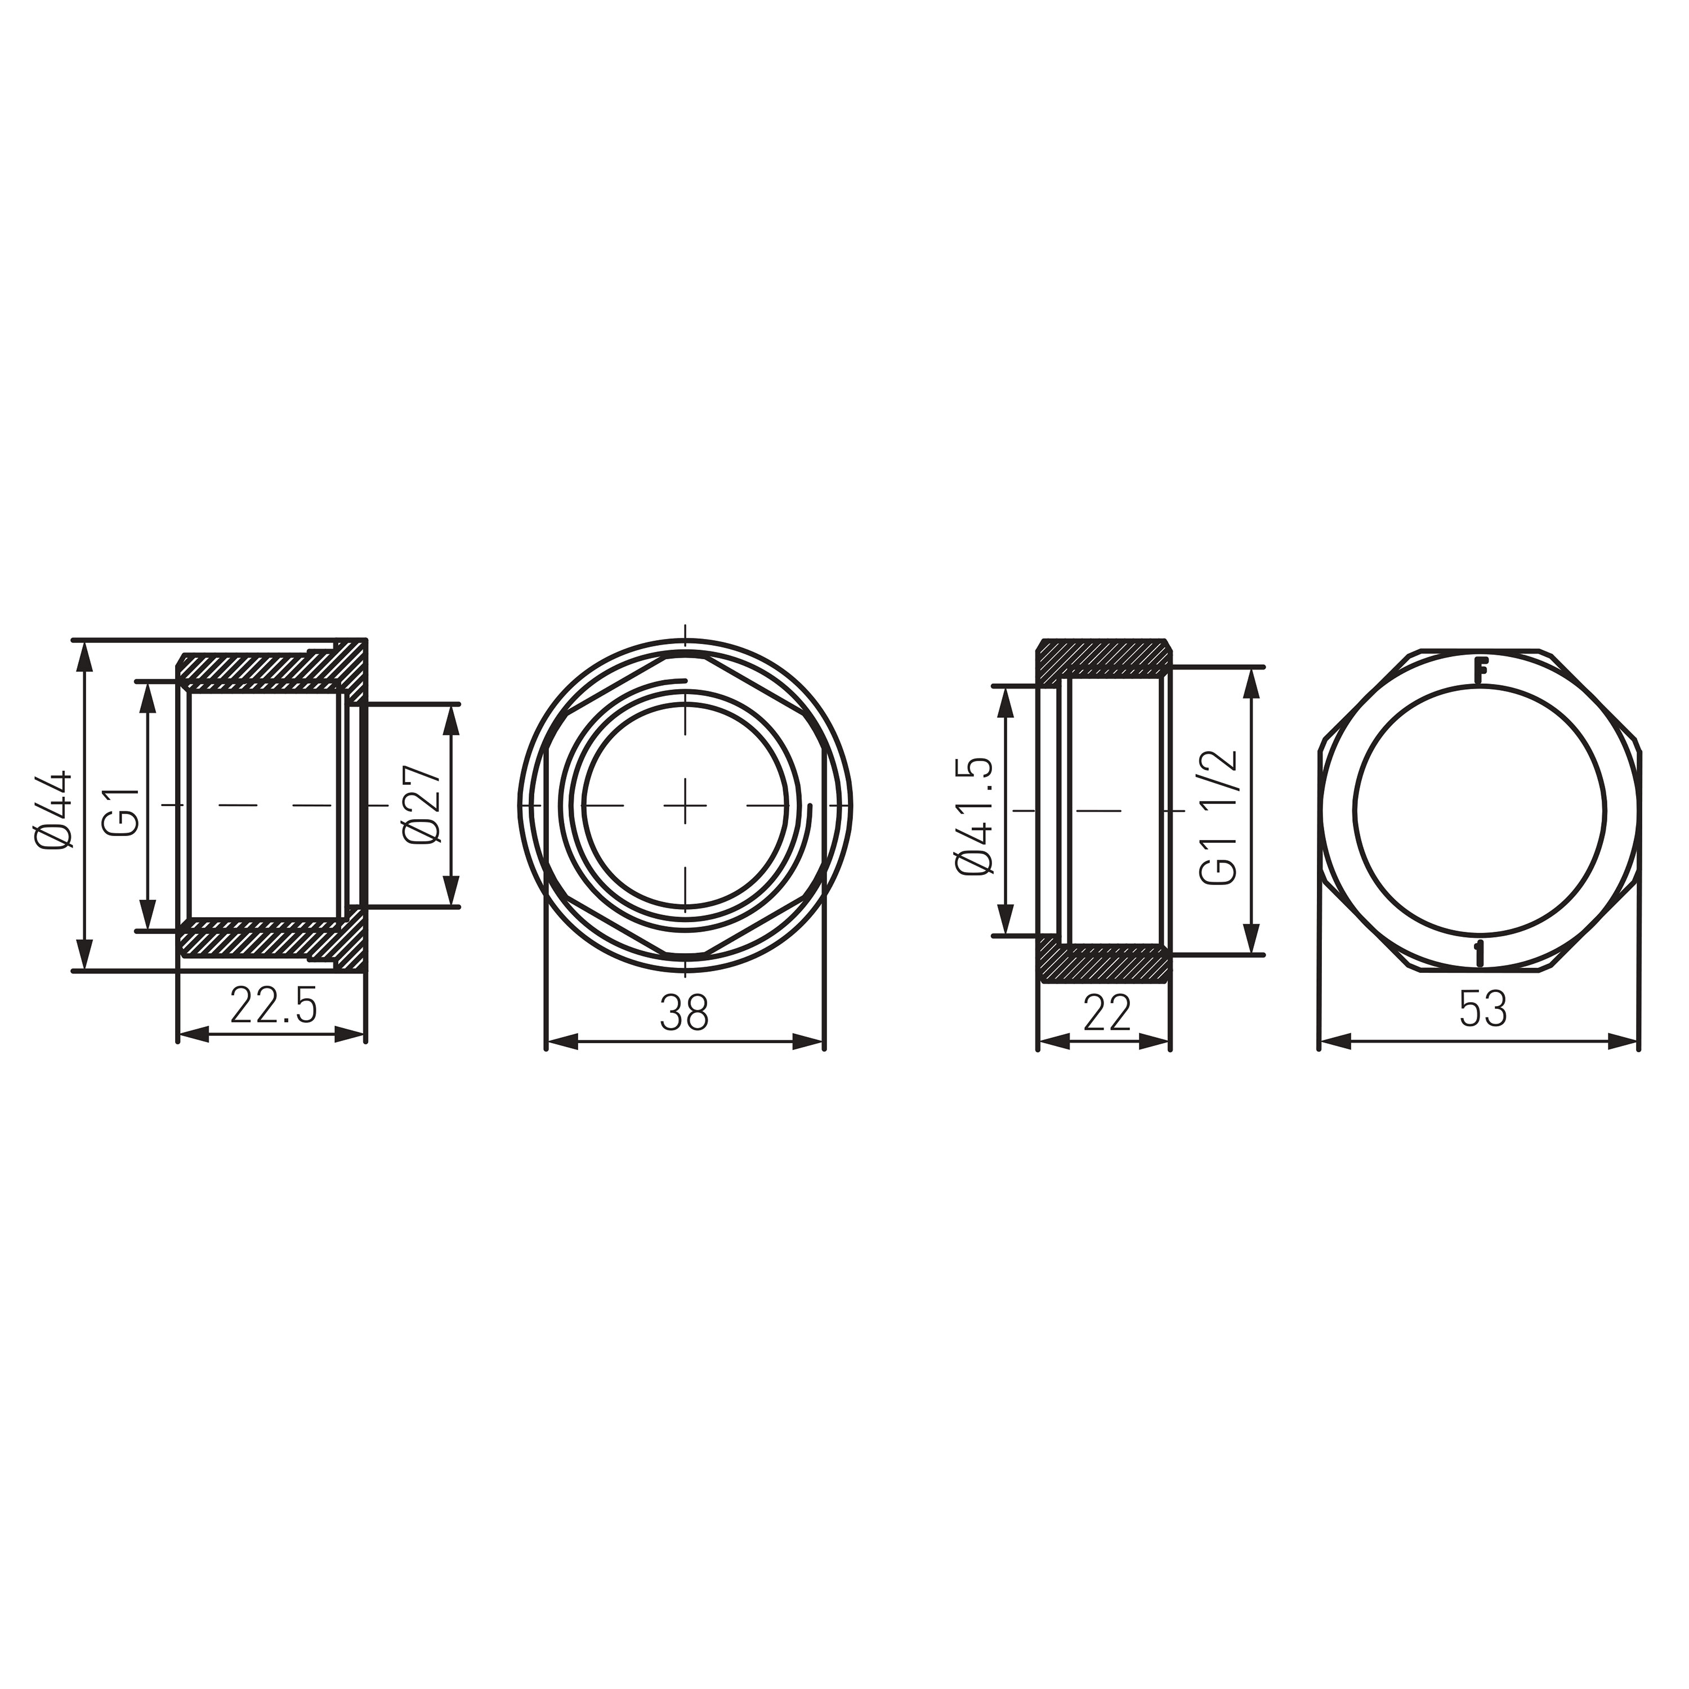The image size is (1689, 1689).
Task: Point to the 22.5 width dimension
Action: pos(272,1006)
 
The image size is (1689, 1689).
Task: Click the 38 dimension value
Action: pos(685,1013)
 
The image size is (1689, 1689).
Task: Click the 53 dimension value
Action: pos(1484,1011)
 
